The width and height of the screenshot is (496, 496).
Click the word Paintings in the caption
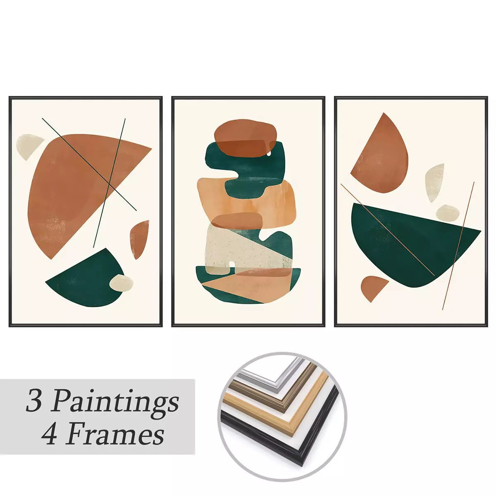point(117,401)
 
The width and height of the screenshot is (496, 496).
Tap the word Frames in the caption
point(114,435)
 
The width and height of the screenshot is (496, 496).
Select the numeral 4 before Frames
point(49,435)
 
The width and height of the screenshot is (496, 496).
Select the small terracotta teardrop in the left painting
point(140,238)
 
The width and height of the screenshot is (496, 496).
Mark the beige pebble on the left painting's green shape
point(122,283)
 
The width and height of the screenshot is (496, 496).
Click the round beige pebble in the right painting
point(448,212)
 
